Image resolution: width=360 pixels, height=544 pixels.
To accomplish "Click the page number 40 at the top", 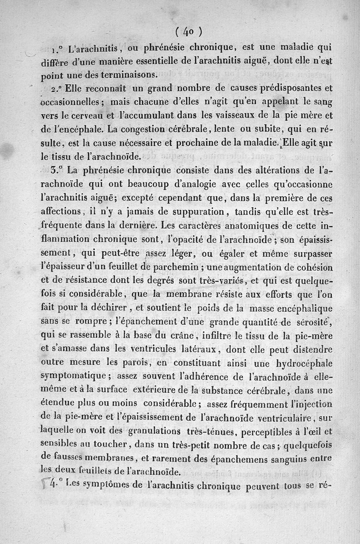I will click(188, 32).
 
